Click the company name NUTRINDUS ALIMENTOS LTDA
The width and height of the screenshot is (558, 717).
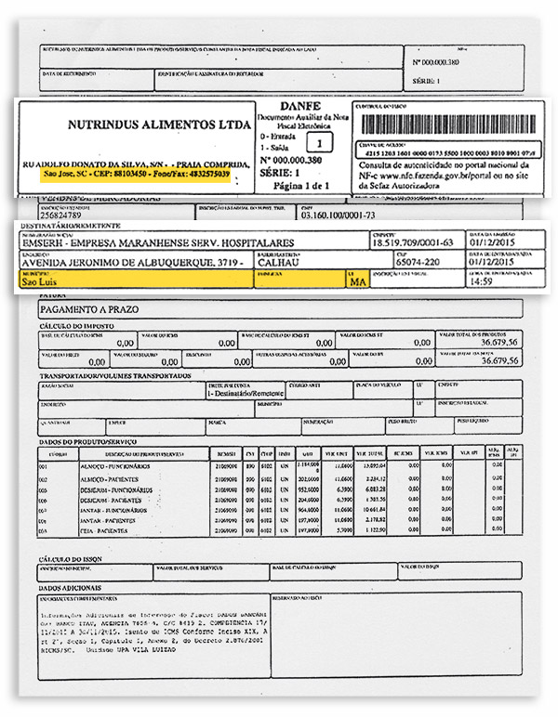tap(159, 124)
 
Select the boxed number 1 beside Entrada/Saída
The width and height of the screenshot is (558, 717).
tap(321, 144)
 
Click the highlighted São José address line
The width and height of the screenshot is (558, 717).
tap(137, 174)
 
